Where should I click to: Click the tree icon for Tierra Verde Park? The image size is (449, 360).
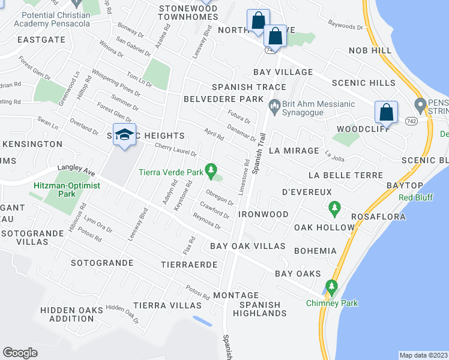click(x=211, y=172)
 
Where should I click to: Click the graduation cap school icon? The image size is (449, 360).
click(x=124, y=135)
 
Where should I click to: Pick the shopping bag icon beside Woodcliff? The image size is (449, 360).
click(x=386, y=112)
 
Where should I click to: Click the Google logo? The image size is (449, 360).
click(x=20, y=352)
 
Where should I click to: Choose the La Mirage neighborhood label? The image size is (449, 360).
click(x=294, y=151)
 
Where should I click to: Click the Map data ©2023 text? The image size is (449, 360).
click(x=423, y=355)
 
